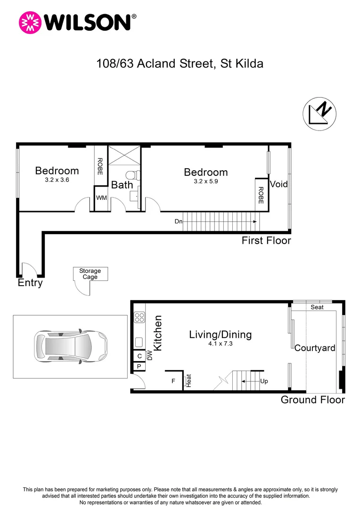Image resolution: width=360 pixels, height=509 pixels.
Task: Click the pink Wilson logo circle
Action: coord(29,22)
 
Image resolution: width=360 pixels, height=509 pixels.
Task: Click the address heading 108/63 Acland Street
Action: coord(180,63)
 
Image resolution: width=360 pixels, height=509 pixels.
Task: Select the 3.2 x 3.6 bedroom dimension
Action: coord(57,180)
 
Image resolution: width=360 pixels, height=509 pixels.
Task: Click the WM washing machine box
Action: coord(101,198)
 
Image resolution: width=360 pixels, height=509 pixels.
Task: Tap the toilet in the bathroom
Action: coord(135,175)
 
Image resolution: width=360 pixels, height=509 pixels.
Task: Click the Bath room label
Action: coord(122,185)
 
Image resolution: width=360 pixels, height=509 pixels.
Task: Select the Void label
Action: coord(278,184)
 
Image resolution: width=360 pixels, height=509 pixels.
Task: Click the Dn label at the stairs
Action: coord(178,221)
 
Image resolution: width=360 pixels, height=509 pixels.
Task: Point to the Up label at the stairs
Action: coord(264,381)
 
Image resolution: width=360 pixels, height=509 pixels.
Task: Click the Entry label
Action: coord(30,283)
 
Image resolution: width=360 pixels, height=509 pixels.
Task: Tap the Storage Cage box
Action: coord(90,274)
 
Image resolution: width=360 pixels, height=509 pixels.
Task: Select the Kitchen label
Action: coord(158,333)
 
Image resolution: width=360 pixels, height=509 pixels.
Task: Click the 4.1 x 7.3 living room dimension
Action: coord(220,344)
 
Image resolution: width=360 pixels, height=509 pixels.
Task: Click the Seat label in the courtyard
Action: coord(317,307)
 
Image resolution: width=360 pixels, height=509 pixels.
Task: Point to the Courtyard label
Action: coord(315,348)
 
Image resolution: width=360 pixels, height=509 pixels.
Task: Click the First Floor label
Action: coord(266,241)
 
